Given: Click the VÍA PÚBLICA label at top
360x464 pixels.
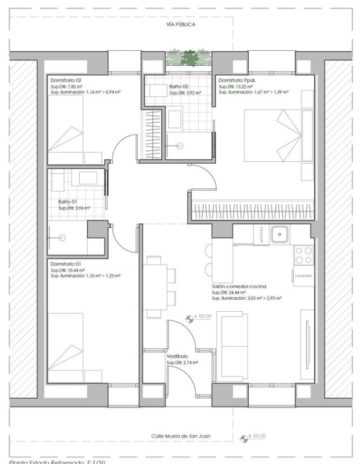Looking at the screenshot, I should (x=180, y=25).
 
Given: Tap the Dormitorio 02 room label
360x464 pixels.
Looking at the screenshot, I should (x=66, y=80).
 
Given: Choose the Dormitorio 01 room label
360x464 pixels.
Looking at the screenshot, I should (x=66, y=263).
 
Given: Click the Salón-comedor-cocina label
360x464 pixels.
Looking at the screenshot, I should (x=240, y=286).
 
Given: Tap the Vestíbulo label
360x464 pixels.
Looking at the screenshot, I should (x=178, y=357).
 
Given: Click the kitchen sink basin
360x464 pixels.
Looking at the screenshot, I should (x=281, y=234).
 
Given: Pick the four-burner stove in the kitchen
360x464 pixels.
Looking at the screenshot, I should (x=303, y=254).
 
